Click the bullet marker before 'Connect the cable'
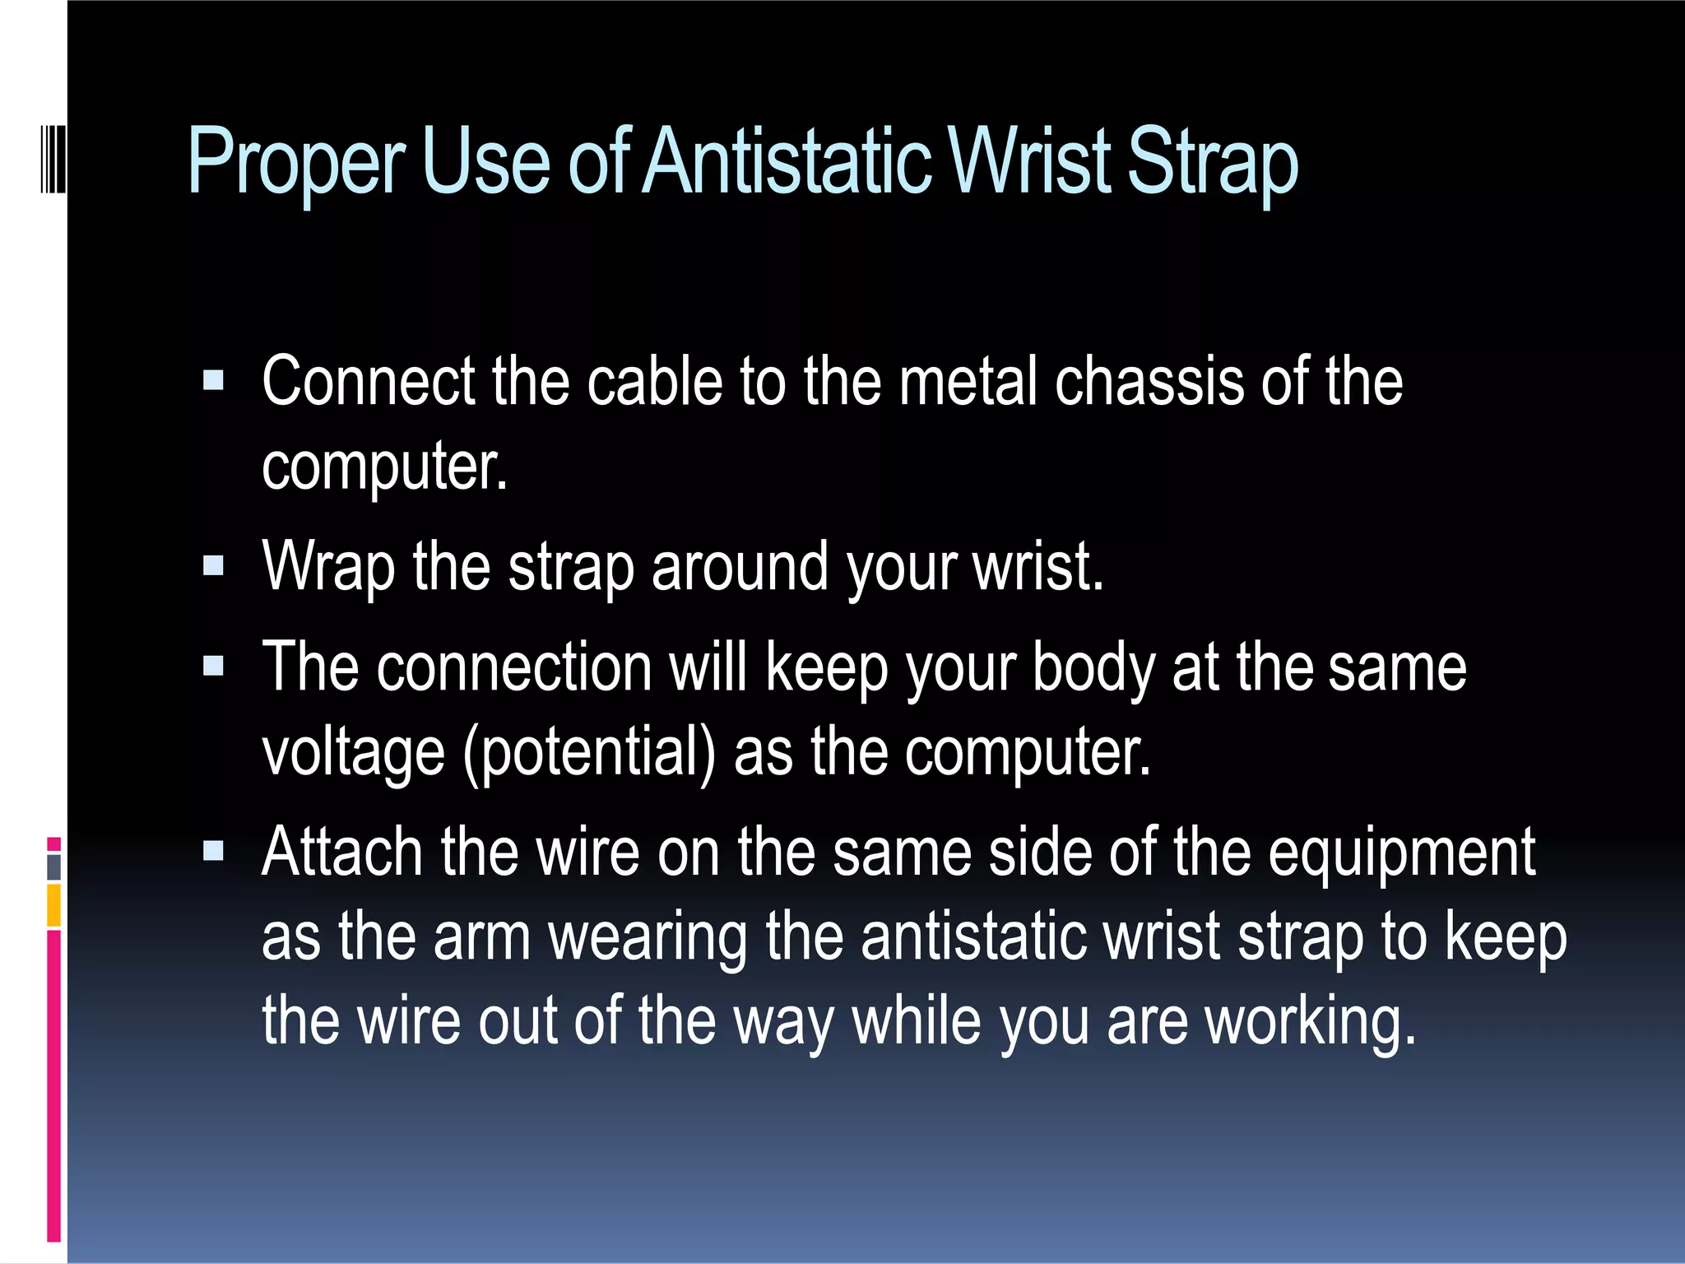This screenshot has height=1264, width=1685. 213,381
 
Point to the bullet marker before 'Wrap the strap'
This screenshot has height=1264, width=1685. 213,566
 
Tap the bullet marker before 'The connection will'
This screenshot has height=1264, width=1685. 213,667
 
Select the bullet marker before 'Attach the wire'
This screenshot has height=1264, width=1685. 213,852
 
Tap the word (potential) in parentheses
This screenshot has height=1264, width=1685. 589,752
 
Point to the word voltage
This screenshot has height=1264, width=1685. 354,752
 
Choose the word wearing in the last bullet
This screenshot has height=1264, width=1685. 648,938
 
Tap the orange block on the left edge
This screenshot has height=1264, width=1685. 53,905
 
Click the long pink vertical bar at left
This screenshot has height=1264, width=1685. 53,1086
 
